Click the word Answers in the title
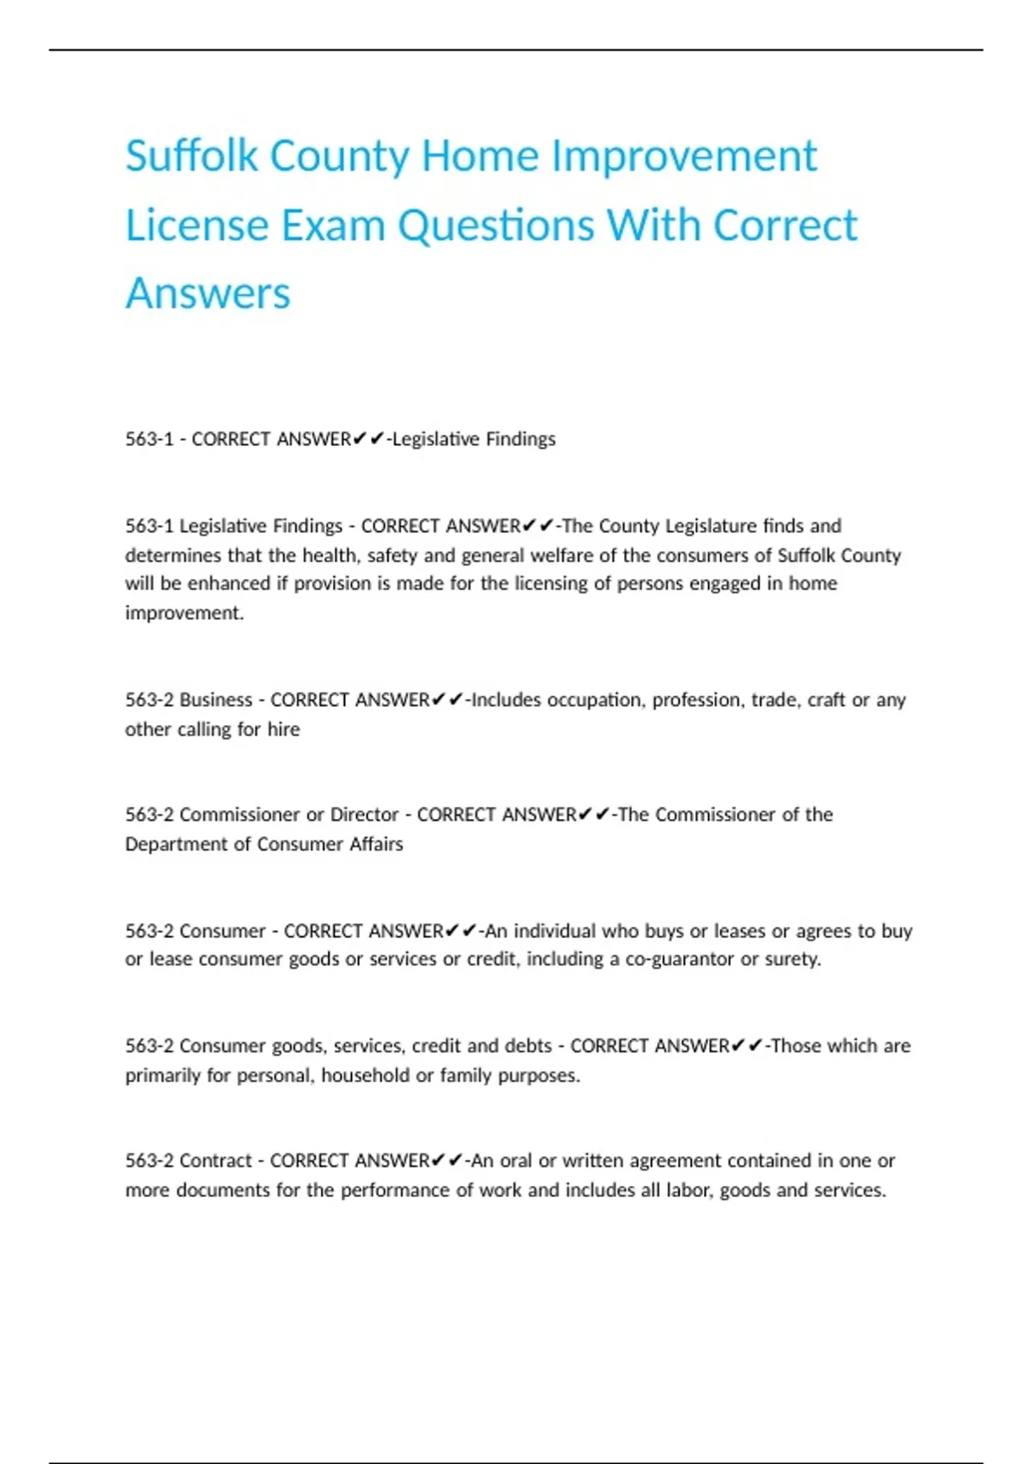pyautogui.click(x=207, y=294)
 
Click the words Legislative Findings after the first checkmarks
pyautogui.click(x=474, y=439)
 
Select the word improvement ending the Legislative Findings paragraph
pyautogui.click(x=183, y=613)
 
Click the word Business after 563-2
pyautogui.click(x=215, y=700)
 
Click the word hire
pyautogui.click(x=283, y=729)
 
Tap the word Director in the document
pyautogui.click(x=364, y=815)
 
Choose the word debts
pyautogui.click(x=527, y=1046)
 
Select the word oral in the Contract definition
pyautogui.click(x=516, y=1161)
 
